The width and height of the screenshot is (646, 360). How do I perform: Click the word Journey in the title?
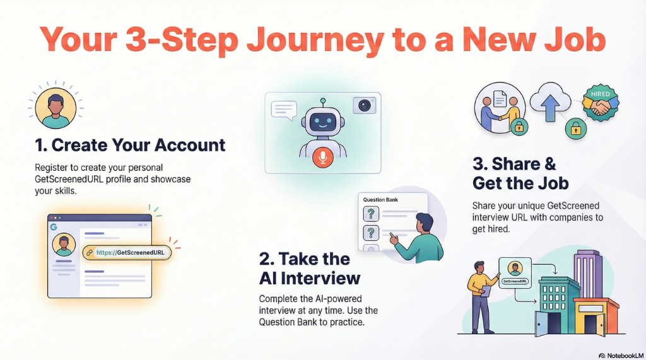point(315,41)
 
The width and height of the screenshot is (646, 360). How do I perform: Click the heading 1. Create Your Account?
point(130,145)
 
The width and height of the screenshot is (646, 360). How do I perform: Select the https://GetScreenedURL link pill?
point(126,252)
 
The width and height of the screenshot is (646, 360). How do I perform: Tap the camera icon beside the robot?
point(363,105)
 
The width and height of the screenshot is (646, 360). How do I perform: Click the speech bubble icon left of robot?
point(283,110)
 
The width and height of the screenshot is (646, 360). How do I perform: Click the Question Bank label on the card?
point(380,200)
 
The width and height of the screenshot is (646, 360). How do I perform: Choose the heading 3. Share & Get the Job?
point(520,173)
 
